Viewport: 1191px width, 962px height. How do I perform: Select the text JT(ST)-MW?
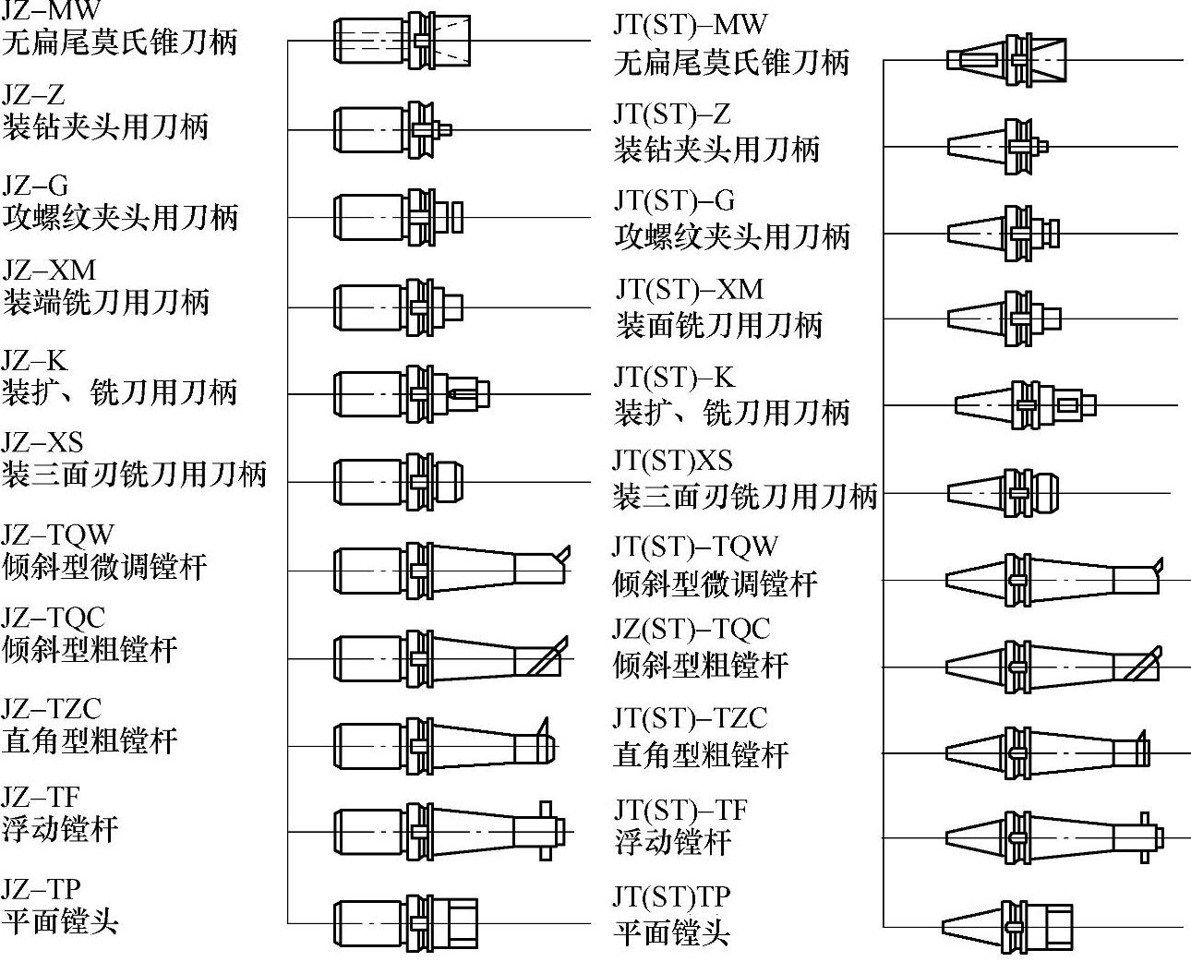tap(690, 25)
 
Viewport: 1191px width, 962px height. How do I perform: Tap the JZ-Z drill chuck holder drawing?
tap(391, 129)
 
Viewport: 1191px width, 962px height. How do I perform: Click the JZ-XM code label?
tap(49, 271)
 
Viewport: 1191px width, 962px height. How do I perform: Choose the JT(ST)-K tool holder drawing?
tap(1025, 404)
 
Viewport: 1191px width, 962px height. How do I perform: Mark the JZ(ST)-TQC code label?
tap(691, 630)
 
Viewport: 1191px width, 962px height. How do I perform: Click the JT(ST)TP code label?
tap(671, 896)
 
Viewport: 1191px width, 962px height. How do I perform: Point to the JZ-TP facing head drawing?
tap(405, 923)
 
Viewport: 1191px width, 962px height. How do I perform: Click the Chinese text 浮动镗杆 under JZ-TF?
tap(60, 828)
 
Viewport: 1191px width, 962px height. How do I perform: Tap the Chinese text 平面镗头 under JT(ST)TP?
tap(672, 932)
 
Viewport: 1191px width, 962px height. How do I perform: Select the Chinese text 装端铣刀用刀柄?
tap(106, 303)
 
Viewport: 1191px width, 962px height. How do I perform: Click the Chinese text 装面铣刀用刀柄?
tap(718, 325)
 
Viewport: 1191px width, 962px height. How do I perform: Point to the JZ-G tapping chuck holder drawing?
tap(398, 218)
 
